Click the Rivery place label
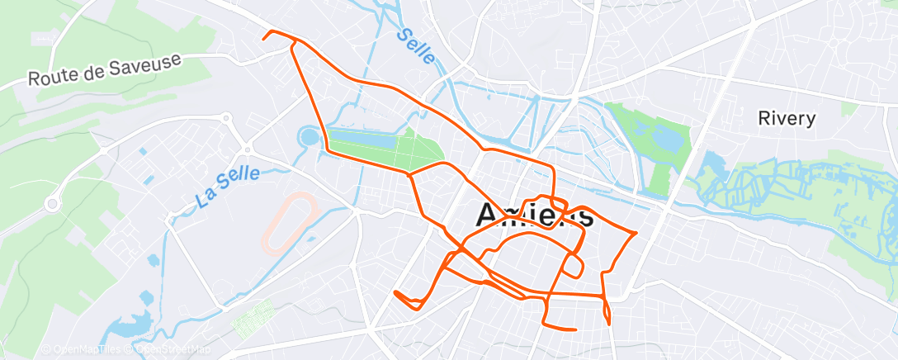787,118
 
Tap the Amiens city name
534,216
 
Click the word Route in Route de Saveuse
50,78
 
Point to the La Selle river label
228,187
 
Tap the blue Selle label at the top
414,46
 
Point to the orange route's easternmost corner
635,234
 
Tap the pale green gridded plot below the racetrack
253,318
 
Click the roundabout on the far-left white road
54,202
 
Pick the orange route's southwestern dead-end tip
396,292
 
